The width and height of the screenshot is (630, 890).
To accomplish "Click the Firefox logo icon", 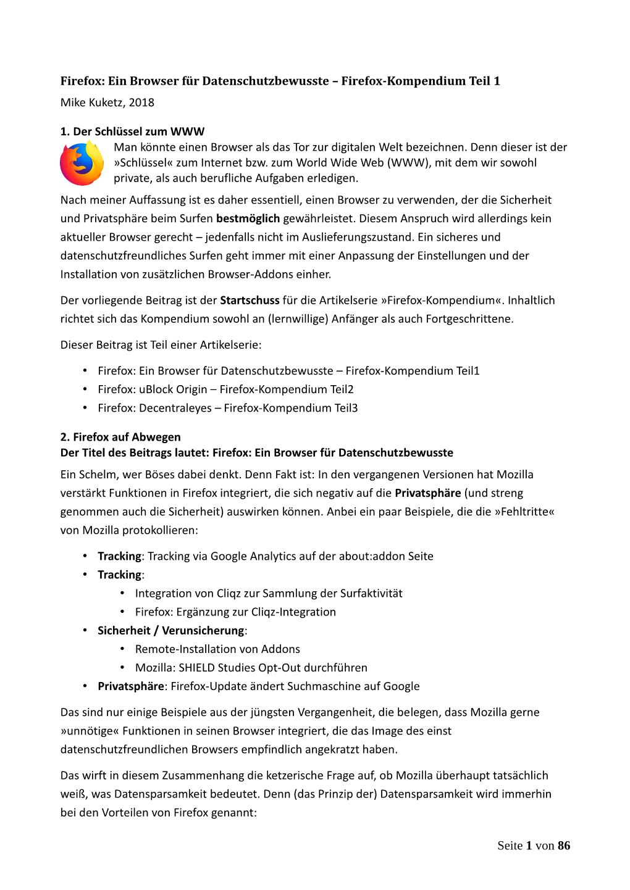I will pyautogui.click(x=82, y=164).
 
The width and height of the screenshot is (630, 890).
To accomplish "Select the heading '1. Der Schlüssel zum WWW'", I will pyautogui.click(x=132, y=131).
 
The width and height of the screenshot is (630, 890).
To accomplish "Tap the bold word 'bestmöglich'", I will pyautogui.click(x=248, y=218).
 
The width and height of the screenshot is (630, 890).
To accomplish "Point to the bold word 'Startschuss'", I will pyautogui.click(x=250, y=301).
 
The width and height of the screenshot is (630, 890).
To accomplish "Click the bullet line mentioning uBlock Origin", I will pyautogui.click(x=225, y=389).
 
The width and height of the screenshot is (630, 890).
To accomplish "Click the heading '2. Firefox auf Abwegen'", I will pyautogui.click(x=120, y=437).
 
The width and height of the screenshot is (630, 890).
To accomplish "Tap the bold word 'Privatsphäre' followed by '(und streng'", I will pyautogui.click(x=427, y=493).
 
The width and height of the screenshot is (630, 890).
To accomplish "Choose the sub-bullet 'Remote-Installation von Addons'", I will pyautogui.click(x=217, y=649).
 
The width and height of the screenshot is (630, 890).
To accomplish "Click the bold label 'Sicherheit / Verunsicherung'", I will pyautogui.click(x=171, y=631).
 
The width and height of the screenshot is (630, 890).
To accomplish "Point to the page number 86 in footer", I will pyautogui.click(x=563, y=846).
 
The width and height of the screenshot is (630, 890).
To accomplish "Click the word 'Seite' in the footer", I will pyautogui.click(x=510, y=846).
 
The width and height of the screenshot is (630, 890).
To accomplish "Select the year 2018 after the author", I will pyautogui.click(x=141, y=102).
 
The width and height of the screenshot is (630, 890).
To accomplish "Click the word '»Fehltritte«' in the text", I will pyautogui.click(x=524, y=512).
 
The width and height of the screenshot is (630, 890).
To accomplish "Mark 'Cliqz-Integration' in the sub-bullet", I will pyautogui.click(x=293, y=612).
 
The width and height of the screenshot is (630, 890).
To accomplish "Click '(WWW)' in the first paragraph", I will pyautogui.click(x=407, y=163).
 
